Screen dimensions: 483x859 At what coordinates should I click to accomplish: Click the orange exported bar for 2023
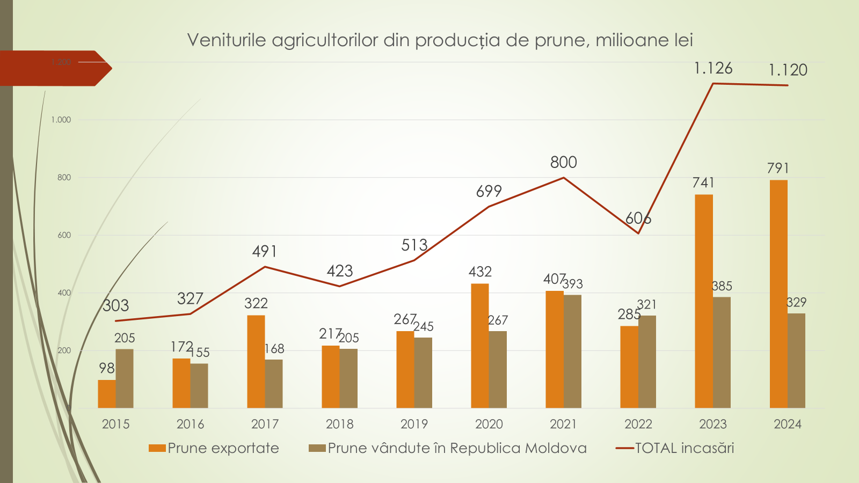point(703,301)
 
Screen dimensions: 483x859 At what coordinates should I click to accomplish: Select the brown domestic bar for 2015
point(125,378)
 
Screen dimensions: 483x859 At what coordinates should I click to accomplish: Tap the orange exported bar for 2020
point(479,346)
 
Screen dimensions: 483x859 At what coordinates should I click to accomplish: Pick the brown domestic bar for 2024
point(796,361)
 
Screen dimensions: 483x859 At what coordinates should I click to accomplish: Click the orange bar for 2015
point(107,394)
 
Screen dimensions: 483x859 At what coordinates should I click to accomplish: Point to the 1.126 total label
point(713,69)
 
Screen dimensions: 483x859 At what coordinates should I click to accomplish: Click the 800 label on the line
point(563,162)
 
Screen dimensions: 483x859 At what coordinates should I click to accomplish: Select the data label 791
point(777,169)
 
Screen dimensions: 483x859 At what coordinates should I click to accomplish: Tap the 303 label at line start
point(116,306)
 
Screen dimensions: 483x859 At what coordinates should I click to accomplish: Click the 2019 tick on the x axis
point(414,425)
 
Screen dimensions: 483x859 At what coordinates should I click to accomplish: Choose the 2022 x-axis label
point(638,425)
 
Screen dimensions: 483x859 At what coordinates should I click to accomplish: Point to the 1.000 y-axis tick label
point(61,120)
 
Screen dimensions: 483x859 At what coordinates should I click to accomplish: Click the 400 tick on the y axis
point(64,293)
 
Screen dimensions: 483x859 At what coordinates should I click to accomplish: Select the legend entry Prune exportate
point(223,448)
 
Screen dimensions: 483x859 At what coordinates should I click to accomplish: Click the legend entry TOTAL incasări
point(684,448)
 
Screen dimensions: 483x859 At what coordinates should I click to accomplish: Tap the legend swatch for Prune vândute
point(317,448)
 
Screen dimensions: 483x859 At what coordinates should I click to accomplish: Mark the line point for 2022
point(638,233)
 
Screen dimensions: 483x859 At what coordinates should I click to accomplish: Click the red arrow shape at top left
point(54,68)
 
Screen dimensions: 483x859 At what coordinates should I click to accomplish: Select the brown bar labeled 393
point(572,351)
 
